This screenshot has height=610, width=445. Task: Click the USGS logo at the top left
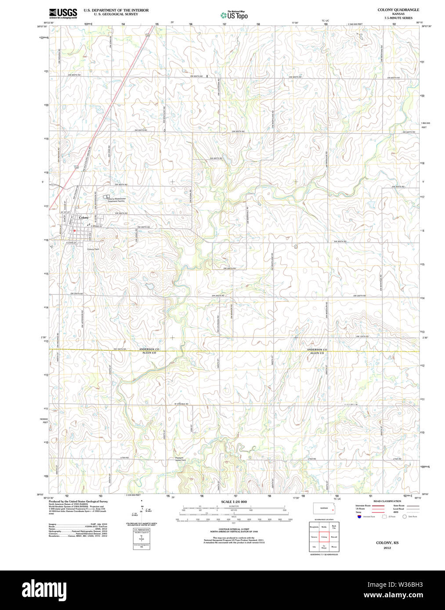[63, 13]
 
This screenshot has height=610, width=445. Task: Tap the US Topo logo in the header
[234, 15]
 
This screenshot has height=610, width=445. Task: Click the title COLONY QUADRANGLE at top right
[398, 10]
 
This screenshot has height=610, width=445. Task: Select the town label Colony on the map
[83, 218]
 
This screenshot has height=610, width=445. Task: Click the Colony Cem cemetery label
[93, 249]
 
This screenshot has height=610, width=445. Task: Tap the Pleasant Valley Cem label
[181, 459]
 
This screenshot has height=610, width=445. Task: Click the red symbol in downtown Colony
[75, 230]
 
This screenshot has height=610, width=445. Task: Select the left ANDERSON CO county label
[149, 349]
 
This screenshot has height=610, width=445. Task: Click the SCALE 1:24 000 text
[234, 502]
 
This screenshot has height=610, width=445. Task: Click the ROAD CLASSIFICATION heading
[387, 501]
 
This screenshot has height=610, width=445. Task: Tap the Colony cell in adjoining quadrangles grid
[324, 537]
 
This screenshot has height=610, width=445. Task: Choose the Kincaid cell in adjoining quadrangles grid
[334, 537]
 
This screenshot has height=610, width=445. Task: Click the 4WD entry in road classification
[396, 512]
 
